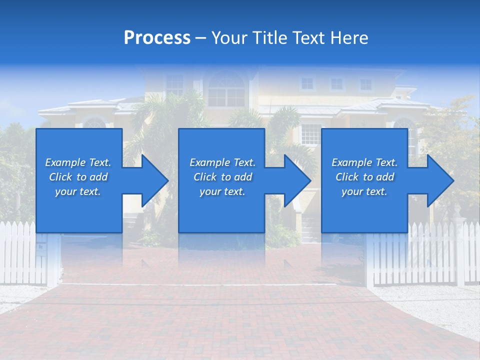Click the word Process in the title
tap(157, 37)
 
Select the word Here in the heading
tap(349, 37)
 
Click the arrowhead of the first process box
tap(154, 180)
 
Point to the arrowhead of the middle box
tap(297, 180)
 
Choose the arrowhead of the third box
tap(440, 180)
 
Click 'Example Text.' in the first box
tap(78, 162)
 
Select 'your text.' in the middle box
tap(222, 191)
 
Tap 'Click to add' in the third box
tap(364, 177)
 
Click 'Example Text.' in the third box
tap(364, 162)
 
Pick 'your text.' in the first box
tap(78, 191)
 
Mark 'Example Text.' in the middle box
tap(222, 162)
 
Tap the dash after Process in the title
tap(200, 38)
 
